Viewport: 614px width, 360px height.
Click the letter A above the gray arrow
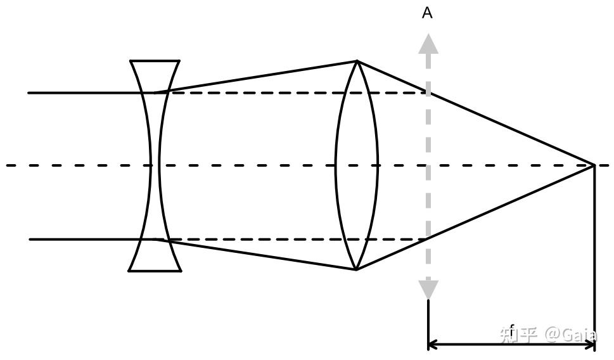pyautogui.click(x=427, y=13)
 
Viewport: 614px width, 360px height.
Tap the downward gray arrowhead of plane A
pyautogui.click(x=429, y=290)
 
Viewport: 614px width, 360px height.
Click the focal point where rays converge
pyautogui.click(x=594, y=165)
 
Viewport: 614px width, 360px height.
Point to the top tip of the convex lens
pyautogui.click(x=357, y=61)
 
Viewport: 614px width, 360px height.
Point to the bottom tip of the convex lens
pyautogui.click(x=356, y=269)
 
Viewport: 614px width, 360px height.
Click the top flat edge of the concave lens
pyautogui.click(x=155, y=61)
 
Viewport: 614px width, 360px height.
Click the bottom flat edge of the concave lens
pyautogui.click(x=155, y=271)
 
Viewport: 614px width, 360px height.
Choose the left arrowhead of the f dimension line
pyautogui.click(x=433, y=345)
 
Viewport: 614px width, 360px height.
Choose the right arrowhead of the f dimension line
pyautogui.click(x=591, y=345)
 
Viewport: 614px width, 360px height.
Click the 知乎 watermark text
pyautogui.click(x=518, y=334)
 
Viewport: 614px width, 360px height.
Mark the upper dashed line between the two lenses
pyautogui.click(x=253, y=93)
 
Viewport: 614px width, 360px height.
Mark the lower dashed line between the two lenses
pyautogui.click(x=253, y=240)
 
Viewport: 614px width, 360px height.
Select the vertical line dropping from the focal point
pyautogui.click(x=594, y=254)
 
